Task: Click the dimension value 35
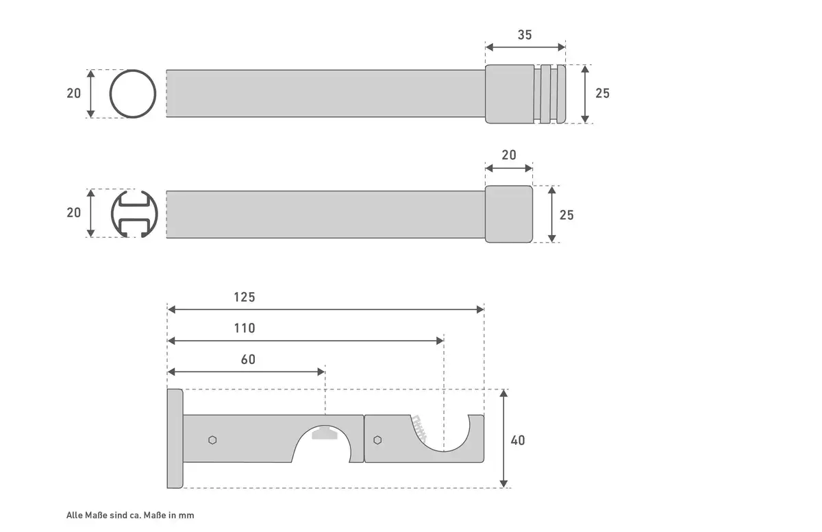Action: pyautogui.click(x=525, y=35)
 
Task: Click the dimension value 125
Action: pyautogui.click(x=245, y=297)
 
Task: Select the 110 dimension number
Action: pyautogui.click(x=245, y=328)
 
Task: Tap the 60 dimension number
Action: pyautogui.click(x=248, y=359)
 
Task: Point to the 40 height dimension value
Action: pyautogui.click(x=518, y=440)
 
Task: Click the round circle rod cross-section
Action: pyautogui.click(x=133, y=94)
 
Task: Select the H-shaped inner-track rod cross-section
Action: pyautogui.click(x=134, y=214)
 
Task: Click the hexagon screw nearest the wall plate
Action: pyautogui.click(x=212, y=440)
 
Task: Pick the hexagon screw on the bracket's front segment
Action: pyautogui.click(x=377, y=440)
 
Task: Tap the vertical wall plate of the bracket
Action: pyautogui.click(x=175, y=438)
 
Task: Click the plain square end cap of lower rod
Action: pyautogui.click(x=509, y=214)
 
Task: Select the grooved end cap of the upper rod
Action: pyautogui.click(x=525, y=94)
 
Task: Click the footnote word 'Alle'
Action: pyautogui.click(x=75, y=515)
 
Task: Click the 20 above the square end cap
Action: pyautogui.click(x=509, y=155)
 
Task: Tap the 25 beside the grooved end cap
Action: pyautogui.click(x=603, y=93)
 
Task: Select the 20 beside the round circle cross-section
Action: pyautogui.click(x=74, y=93)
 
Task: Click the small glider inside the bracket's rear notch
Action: pyautogui.click(x=325, y=433)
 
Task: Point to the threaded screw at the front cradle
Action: pyautogui.click(x=419, y=427)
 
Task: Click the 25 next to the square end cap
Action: pyautogui.click(x=566, y=215)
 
